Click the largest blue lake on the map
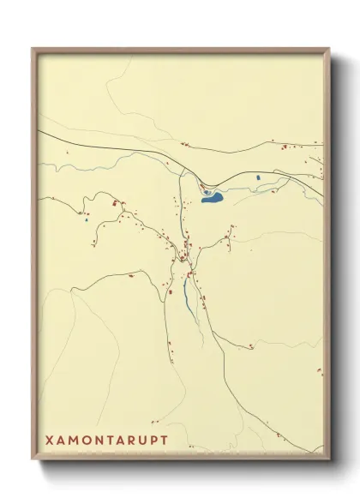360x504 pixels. click(x=211, y=198)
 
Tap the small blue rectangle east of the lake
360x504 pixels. click(x=258, y=177)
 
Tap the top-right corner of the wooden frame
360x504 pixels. click(x=329, y=49)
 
